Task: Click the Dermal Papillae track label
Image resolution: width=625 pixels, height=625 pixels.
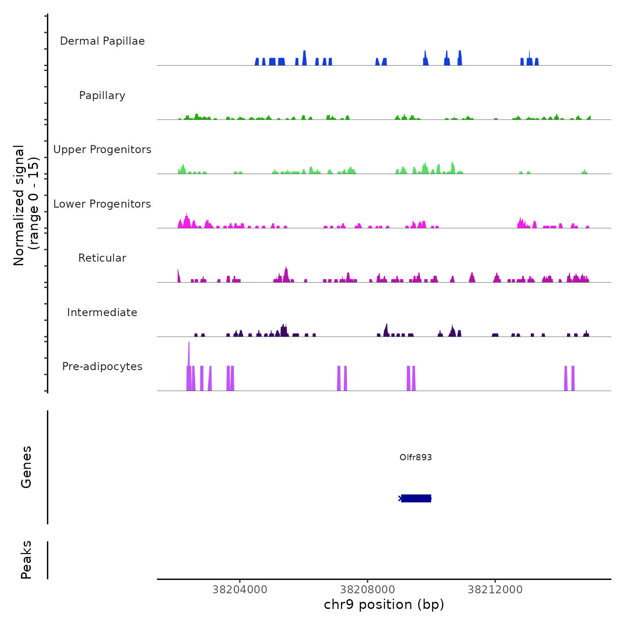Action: [102, 41]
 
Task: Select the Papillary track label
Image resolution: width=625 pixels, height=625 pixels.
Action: [102, 96]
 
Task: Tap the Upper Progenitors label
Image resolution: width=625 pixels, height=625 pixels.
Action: [102, 150]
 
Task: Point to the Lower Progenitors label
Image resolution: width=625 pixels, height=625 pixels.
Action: [102, 204]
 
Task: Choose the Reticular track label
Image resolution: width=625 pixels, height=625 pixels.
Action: [102, 258]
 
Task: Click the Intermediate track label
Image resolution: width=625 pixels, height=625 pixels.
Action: [102, 312]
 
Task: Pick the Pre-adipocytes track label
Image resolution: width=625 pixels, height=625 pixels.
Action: [102, 367]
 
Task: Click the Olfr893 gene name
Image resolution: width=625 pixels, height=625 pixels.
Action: [416, 457]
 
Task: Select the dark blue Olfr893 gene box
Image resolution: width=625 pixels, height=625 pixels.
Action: [416, 498]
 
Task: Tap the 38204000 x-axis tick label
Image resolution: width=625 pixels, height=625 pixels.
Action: [240, 590]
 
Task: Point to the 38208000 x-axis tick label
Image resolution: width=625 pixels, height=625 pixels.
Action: [367, 590]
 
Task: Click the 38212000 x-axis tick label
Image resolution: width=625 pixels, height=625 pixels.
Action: [495, 590]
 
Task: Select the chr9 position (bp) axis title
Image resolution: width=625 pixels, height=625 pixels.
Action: [384, 604]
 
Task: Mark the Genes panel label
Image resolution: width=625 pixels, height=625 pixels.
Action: [26, 467]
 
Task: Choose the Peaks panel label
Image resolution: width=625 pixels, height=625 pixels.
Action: [26, 560]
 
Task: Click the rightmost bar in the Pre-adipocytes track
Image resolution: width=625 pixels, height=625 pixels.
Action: [573, 379]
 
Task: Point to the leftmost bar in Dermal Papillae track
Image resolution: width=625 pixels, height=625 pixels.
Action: [257, 62]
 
